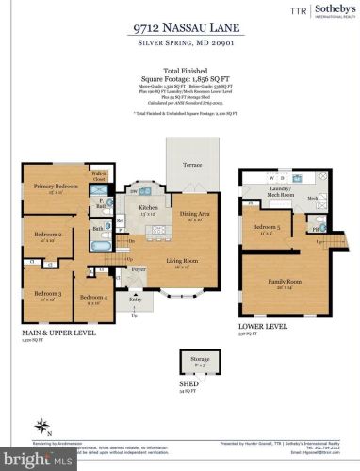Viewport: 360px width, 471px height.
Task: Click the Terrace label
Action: pyautogui.click(x=190, y=164)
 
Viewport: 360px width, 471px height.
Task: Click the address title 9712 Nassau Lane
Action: pyautogui.click(x=179, y=29)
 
